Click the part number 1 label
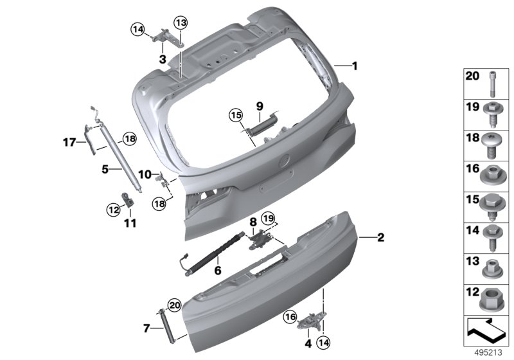pyautogui.click(x=355, y=66)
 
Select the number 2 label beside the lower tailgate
pyautogui.click(x=380, y=237)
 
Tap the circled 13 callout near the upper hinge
pyautogui.click(x=181, y=23)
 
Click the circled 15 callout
pyautogui.click(x=236, y=116)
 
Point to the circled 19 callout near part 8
pyautogui.click(x=268, y=218)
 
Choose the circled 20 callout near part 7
pyautogui.click(x=174, y=305)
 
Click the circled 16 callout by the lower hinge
pyautogui.click(x=290, y=317)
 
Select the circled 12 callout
pyautogui.click(x=114, y=209)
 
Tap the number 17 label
pyautogui.click(x=69, y=142)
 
